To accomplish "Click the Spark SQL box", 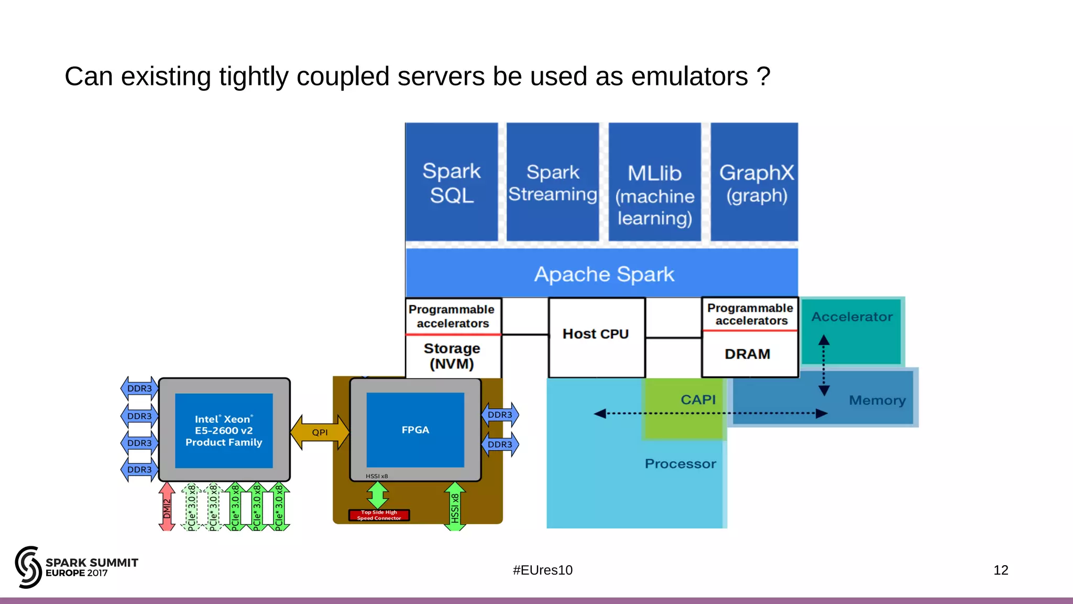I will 451,182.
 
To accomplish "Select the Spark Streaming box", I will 552,182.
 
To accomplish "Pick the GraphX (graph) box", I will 754,182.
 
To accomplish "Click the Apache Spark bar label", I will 604,274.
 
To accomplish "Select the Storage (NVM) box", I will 452,356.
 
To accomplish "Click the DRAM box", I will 748,354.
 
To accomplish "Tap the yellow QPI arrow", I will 320,433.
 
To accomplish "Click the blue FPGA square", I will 415,430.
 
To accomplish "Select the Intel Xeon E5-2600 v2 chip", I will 224,430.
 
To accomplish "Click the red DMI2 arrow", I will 167,506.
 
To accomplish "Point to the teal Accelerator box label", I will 851,317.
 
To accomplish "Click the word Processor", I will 680,464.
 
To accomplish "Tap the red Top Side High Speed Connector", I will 379,515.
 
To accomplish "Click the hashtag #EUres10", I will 542,570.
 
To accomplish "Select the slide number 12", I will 1000,570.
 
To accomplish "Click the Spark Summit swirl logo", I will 28,567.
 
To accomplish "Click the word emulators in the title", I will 689,77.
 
